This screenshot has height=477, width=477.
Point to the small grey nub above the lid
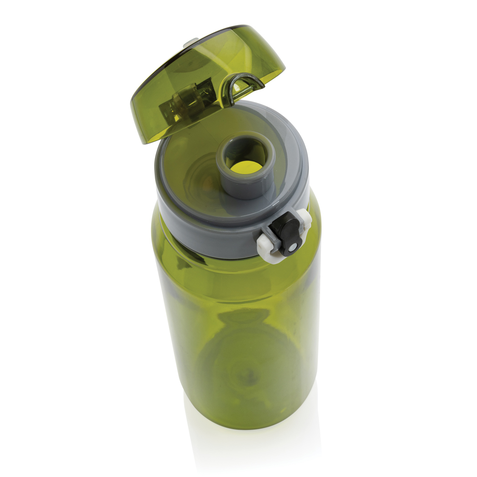pos(191,43)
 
